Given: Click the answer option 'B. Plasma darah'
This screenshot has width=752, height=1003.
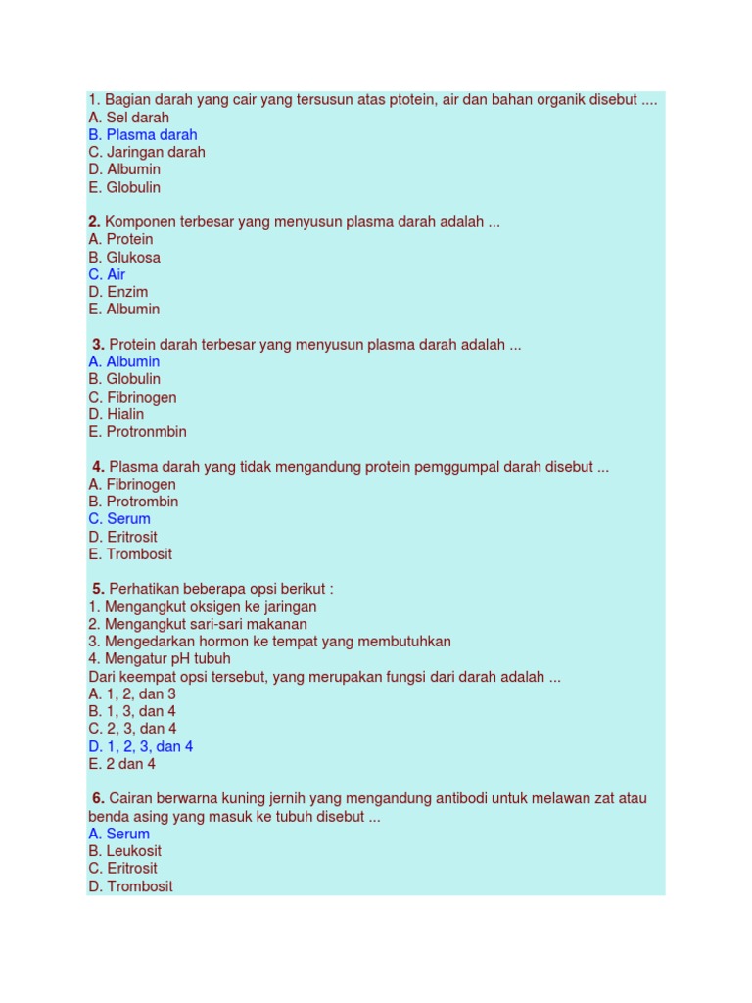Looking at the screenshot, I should [x=142, y=135].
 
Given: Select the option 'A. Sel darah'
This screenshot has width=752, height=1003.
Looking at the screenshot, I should [x=128, y=118].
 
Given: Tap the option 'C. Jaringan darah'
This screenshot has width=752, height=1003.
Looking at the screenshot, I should [x=146, y=153].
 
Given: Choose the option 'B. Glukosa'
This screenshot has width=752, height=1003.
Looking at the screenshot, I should [x=123, y=258].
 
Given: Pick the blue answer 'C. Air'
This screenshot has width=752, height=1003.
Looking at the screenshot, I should [x=107, y=275].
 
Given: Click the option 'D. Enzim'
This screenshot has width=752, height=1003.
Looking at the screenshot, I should [x=117, y=292].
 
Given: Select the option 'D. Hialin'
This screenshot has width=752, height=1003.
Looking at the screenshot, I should [x=116, y=414].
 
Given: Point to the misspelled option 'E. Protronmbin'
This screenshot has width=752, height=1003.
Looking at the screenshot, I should [x=137, y=432].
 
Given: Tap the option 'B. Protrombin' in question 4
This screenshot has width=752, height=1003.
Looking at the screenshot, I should [x=133, y=501].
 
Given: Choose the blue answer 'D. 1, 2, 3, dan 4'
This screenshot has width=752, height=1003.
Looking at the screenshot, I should [x=140, y=746].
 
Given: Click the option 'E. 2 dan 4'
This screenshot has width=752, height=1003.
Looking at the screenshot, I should [x=121, y=764].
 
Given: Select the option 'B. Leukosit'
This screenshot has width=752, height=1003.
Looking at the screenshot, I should [x=124, y=851].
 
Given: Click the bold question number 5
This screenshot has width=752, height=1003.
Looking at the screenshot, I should [x=98, y=589].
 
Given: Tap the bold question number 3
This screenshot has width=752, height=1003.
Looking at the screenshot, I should [x=98, y=345].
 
